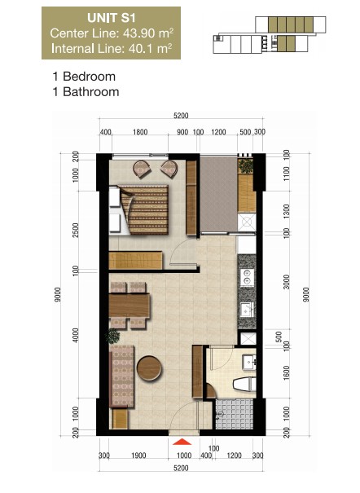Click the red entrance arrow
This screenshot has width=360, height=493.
pos(181,442)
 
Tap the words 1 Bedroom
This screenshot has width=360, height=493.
pos(83,77)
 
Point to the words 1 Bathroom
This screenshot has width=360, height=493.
pos(85,92)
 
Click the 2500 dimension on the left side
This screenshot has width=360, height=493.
pos(76,230)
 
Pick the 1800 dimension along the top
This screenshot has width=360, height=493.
pos(139,131)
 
